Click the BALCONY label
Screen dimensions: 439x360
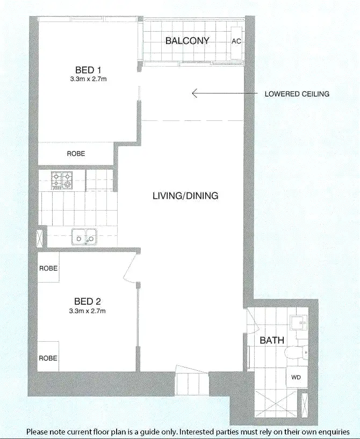pyautogui.click(x=187, y=41)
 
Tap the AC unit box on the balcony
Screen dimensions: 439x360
pyautogui.click(x=235, y=41)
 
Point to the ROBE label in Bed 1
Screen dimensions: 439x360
pyautogui.click(x=76, y=154)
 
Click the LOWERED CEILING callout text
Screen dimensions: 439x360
pyautogui.click(x=297, y=94)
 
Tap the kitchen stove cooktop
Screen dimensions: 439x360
pyautogui.click(x=62, y=180)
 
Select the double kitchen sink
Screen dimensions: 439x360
pyautogui.click(x=84, y=236)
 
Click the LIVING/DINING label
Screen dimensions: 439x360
pyautogui.click(x=185, y=196)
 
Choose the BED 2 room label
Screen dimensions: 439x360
pyautogui.click(x=88, y=301)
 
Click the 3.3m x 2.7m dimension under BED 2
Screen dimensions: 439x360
pyautogui.click(x=88, y=311)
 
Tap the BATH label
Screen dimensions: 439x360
pyautogui.click(x=271, y=340)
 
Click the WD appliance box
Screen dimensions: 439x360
pyautogui.click(x=296, y=378)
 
